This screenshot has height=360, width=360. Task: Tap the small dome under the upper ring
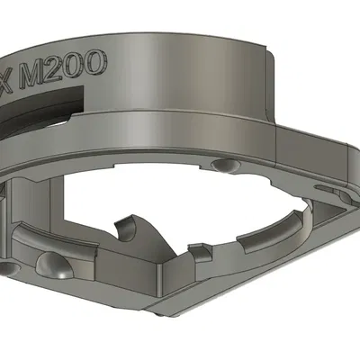tap(225, 166)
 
